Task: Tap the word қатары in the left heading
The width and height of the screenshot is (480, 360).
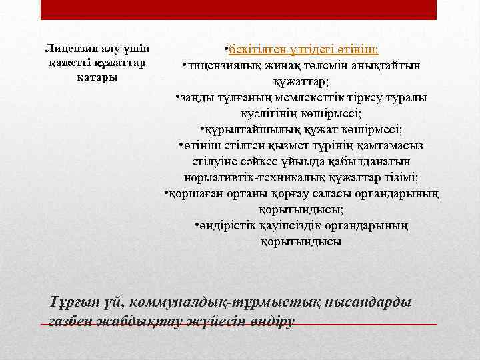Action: click(97, 77)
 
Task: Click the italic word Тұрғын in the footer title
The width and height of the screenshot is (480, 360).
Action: click(74, 303)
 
